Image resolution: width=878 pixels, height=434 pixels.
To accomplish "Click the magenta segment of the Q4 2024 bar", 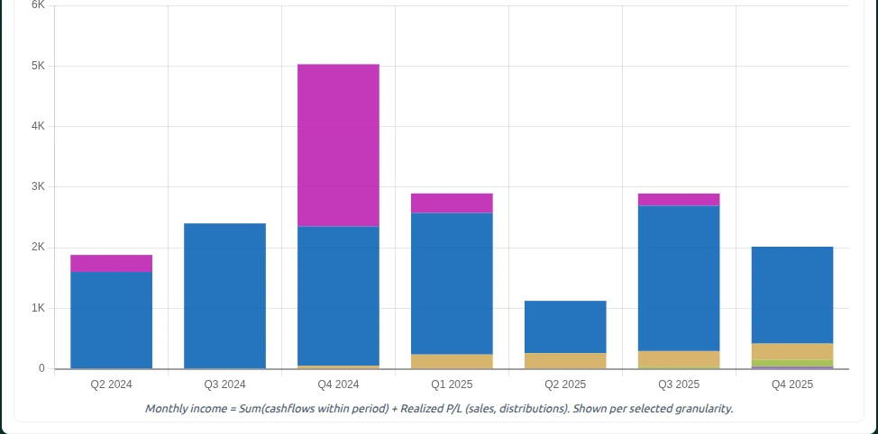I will point(338,145).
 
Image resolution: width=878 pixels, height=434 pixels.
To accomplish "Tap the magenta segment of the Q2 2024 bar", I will point(111,263).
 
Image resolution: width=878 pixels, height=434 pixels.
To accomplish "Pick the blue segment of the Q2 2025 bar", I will point(565,327).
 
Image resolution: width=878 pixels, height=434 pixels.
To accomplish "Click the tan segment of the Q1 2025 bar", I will point(452,361).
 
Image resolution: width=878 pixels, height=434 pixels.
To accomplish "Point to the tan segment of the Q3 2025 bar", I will point(679,358).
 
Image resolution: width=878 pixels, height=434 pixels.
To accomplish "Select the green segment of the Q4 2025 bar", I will point(792,363).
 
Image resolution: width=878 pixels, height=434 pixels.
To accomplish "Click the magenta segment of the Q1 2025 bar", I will point(452,203).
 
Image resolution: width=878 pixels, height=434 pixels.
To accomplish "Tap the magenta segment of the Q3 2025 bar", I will point(679,199).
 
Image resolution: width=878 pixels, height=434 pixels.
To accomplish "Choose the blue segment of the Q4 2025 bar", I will point(792,294).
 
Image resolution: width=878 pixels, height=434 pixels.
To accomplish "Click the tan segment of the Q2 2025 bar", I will point(565,360).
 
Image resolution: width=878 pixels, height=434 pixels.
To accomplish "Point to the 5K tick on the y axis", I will point(38,66).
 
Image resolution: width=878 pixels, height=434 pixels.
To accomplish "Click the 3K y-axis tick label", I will point(38,186).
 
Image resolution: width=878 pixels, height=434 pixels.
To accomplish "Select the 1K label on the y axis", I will point(38,308).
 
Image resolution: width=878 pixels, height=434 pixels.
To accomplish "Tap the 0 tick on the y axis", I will point(41,368).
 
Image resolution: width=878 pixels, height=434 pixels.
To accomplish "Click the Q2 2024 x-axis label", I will point(111,384).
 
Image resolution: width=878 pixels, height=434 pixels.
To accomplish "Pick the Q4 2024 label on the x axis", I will point(338,384).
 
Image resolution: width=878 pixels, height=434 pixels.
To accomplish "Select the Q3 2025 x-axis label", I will point(679,384).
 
